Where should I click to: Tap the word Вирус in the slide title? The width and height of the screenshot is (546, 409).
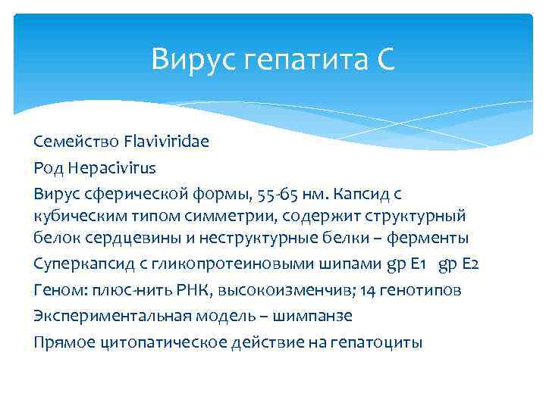(194, 58)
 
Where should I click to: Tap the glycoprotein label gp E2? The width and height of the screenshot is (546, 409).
(460, 266)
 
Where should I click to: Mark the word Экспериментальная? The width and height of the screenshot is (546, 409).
(107, 316)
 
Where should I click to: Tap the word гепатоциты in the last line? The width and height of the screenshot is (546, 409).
(376, 342)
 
